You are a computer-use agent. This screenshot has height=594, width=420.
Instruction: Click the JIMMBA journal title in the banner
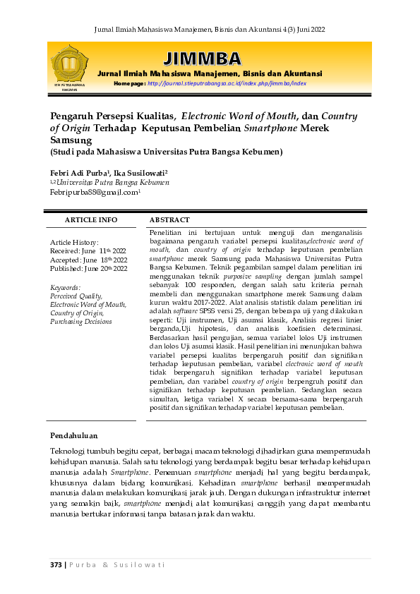point(201,58)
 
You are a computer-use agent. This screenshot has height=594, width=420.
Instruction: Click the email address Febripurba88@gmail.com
point(95,191)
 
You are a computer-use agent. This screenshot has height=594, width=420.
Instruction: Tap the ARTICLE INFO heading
point(90,220)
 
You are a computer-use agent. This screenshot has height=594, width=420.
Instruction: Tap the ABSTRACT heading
point(169,220)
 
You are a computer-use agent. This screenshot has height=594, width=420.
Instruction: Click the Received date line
point(88,250)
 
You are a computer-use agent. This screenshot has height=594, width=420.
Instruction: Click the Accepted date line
point(89,260)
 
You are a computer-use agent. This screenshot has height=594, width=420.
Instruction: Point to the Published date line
point(89,269)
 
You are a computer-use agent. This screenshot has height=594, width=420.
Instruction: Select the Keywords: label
point(66,287)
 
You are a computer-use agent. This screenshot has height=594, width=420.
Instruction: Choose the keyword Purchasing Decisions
point(80,322)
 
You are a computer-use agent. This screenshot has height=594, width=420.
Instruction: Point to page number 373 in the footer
point(56,564)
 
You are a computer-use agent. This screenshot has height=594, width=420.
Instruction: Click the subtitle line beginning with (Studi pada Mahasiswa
point(166,152)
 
